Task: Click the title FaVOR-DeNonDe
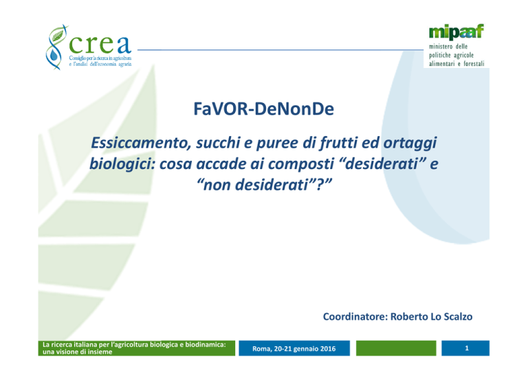264,109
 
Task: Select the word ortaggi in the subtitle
410,144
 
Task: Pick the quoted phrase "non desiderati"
264,185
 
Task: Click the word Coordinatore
355,317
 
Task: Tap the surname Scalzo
458,317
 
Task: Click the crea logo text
100,45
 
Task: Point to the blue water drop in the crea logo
53,55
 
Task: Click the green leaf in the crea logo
58,34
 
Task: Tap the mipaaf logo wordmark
456,32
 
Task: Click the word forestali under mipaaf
474,64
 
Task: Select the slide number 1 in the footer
466,348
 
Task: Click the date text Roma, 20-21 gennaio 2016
294,349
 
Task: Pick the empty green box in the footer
396,348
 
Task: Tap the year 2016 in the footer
328,349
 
